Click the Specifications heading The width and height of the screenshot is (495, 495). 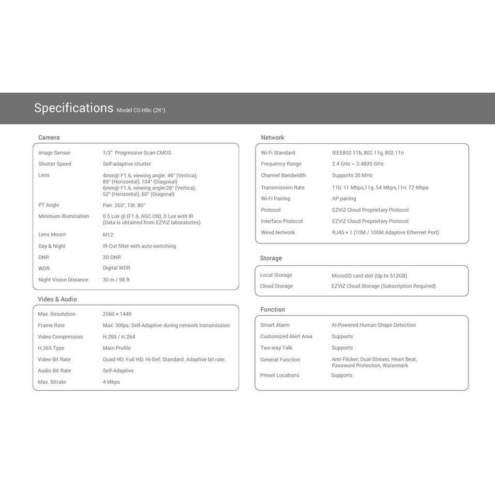74,108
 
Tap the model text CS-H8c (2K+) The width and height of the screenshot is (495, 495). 141,110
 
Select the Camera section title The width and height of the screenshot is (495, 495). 49,138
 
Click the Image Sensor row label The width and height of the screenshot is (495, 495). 55,153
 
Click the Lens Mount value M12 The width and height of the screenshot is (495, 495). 108,235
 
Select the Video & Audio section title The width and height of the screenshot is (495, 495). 57,299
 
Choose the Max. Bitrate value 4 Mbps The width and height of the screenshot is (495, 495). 111,382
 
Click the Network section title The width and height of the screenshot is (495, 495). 273,138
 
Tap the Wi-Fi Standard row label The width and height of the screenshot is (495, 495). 277,153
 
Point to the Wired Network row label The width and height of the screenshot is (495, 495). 277,232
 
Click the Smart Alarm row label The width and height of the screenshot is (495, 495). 275,325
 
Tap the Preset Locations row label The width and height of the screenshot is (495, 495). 280,375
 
